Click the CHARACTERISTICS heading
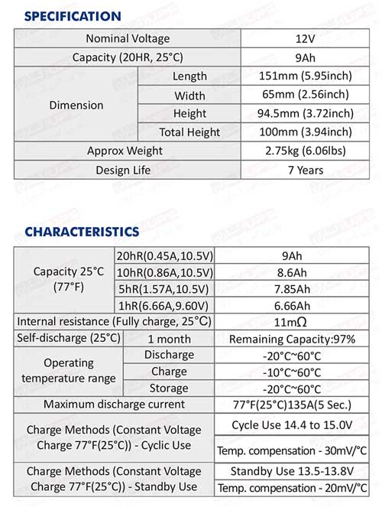82,231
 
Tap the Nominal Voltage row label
128,39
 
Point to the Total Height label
189,132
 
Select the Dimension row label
76,105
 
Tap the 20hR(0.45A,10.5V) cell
164,256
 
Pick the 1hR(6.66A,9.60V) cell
164,305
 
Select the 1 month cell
169,339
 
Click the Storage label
169,388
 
